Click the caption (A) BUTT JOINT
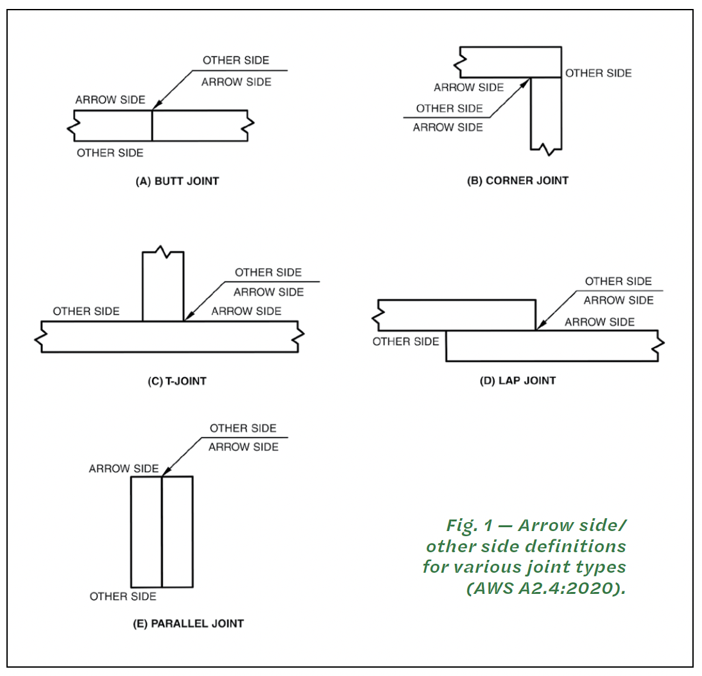coord(177,182)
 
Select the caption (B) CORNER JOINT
coord(518,181)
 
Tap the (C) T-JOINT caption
coord(177,381)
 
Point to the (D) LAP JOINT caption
coord(518,381)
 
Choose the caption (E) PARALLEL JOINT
coord(189,623)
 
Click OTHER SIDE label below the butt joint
coord(110,153)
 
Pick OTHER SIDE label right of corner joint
coord(599,73)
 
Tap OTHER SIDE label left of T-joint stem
coord(87,311)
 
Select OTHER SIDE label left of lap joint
coord(406,342)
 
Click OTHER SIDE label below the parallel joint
coord(123,596)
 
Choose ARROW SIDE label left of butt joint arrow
coord(110,100)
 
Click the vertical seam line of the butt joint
coord(152,126)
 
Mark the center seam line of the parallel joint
coord(162,532)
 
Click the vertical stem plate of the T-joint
coord(163,286)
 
